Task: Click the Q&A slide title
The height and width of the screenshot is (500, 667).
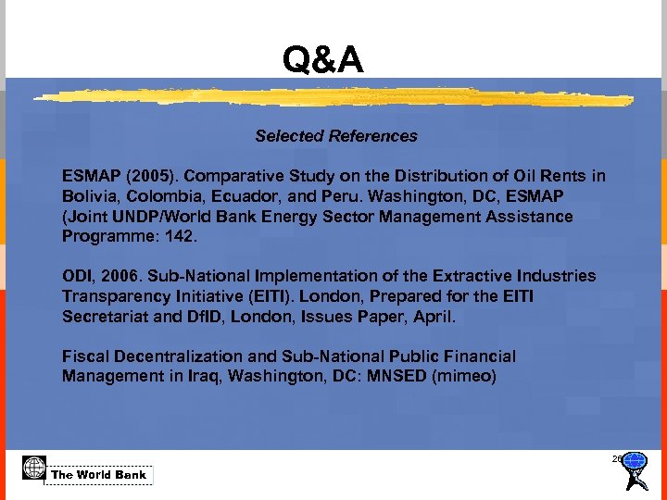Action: coord(323,61)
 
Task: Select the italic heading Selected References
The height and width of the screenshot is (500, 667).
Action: coord(336,136)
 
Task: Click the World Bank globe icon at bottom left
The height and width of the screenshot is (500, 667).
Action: coord(34,469)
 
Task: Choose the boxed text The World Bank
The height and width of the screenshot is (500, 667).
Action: coord(99,475)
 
